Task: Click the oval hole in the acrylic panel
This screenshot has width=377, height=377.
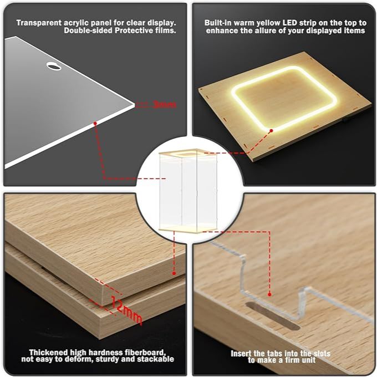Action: click(x=54, y=66)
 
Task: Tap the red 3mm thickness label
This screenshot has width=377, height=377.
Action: click(x=165, y=104)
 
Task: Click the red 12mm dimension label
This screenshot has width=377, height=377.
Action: click(x=127, y=310)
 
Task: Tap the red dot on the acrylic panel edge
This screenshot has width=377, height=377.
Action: click(x=95, y=123)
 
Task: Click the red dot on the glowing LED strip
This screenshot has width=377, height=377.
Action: click(x=271, y=130)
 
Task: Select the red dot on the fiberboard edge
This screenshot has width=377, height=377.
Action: click(x=174, y=273)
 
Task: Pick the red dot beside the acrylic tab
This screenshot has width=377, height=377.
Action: click(x=269, y=294)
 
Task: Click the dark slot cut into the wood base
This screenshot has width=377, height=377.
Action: click(x=273, y=316)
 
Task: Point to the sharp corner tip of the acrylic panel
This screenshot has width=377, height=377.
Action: click(x=134, y=105)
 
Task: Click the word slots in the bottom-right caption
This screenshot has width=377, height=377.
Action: click(x=322, y=354)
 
